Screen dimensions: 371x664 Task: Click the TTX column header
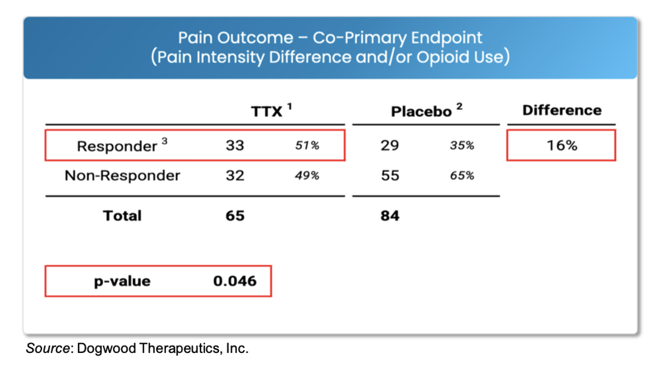[267, 111]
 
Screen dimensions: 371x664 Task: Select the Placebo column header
[421, 111]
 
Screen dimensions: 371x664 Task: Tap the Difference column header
[561, 110]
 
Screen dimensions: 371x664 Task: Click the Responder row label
[116, 146]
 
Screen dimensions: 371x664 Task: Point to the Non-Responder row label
[122, 175]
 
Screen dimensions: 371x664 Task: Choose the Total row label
[122, 216]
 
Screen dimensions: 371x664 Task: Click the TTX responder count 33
[235, 145]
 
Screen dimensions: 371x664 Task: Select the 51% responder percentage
[308, 146]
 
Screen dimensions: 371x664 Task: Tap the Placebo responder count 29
[390, 145]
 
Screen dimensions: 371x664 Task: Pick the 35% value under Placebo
[462, 146]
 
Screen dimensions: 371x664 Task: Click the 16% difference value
[561, 145]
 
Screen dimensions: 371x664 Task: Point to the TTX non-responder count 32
[235, 175]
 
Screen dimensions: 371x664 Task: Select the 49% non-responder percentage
[308, 176]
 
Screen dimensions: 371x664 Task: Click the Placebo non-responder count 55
[390, 175]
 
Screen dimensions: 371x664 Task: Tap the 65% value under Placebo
[462, 176]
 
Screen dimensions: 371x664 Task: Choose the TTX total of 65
[235, 216]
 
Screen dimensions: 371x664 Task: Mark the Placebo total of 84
[390, 216]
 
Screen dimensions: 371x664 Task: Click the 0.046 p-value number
[235, 281]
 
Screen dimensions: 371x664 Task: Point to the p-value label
[123, 282]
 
